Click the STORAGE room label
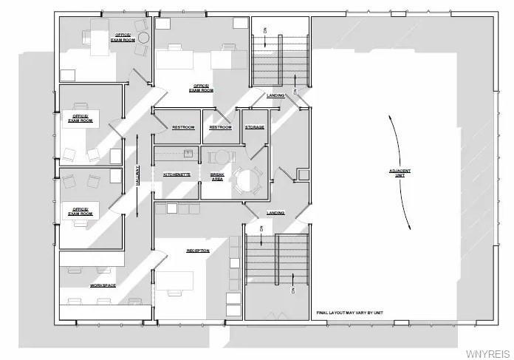255,127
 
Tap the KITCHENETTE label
177,174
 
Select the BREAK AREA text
217,176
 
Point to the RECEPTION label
198,251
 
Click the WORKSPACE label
104,285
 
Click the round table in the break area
247,180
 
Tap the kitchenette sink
188,153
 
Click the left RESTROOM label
183,127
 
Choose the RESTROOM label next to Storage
220,127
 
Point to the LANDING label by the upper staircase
275,95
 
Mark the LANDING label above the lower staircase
275,213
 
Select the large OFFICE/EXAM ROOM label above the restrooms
202,87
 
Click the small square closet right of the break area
303,174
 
